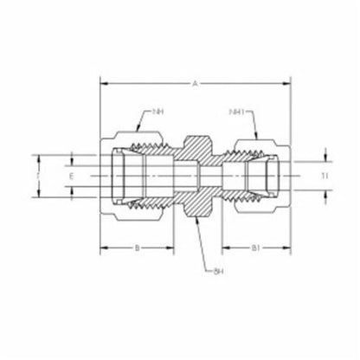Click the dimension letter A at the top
[x=196, y=84]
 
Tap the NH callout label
[x=158, y=112]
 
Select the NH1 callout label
[x=235, y=112]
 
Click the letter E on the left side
[x=72, y=177]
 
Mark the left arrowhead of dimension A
[x=104, y=84]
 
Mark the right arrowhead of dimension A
[x=288, y=84]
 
